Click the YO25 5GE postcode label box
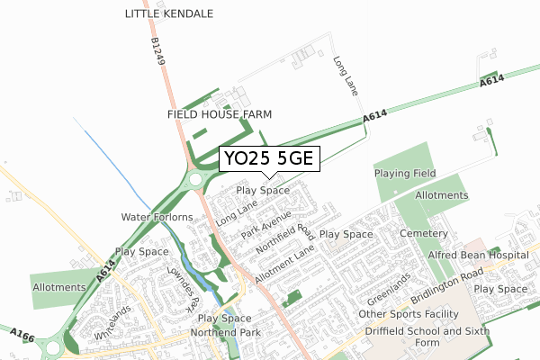[268, 160]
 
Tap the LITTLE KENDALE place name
[169, 14]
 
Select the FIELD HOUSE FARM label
[220, 114]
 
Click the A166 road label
[23, 335]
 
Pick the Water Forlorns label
[157, 218]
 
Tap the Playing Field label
[405, 173]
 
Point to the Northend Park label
[220, 333]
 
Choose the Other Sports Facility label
[408, 314]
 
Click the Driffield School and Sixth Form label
[412, 337]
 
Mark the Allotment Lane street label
[286, 265]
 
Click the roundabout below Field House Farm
[196, 181]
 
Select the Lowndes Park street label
[181, 288]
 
